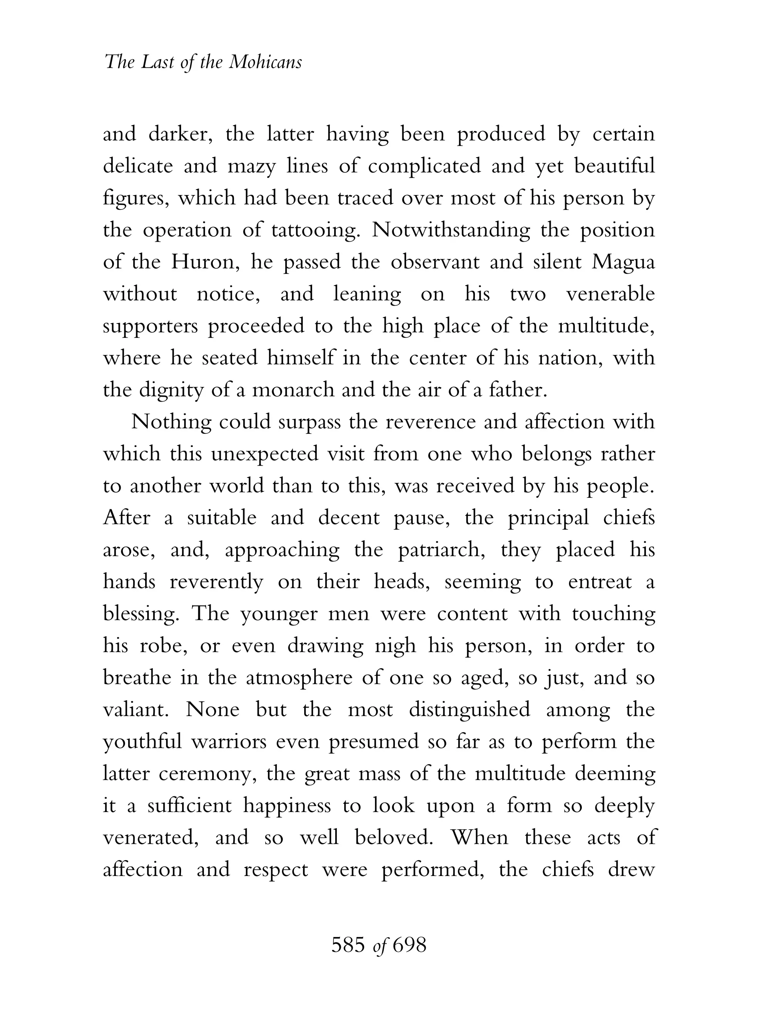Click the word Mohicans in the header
pyautogui.click(x=265, y=61)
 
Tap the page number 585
pyautogui.click(x=348, y=945)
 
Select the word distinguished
pyautogui.click(x=469, y=710)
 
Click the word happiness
pyautogui.click(x=287, y=806)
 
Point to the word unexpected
pyautogui.click(x=264, y=454)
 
